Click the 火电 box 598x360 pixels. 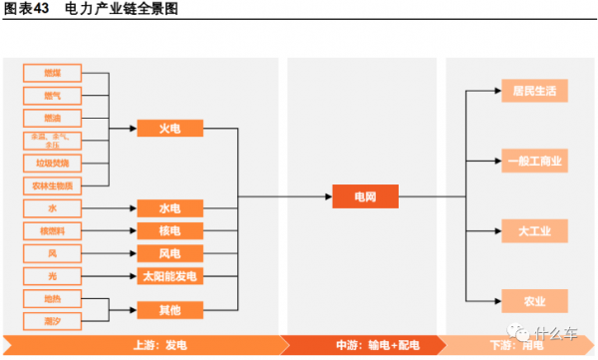pos(169,129)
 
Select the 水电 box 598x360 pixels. pos(169,208)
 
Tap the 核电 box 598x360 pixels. pos(169,231)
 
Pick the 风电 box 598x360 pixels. pos(169,253)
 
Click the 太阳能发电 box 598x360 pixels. pos(169,276)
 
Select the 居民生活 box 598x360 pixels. pos(534,91)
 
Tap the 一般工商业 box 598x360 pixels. pos(534,161)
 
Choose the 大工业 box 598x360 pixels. pos(534,231)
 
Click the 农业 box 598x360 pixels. pos(534,301)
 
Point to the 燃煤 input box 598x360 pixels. pos(52,73)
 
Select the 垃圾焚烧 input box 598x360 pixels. pos(52,163)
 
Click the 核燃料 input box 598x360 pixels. pos(52,231)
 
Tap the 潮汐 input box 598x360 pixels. pos(52,319)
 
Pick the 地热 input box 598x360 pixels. pos(52,298)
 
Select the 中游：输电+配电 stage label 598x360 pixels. pos(362,345)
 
